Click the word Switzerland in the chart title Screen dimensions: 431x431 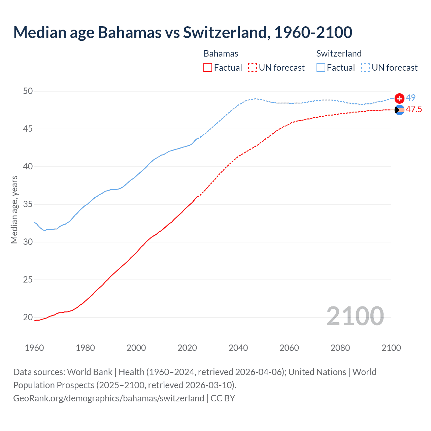click(225, 32)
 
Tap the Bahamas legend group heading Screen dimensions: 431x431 click(221, 54)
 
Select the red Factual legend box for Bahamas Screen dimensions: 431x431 click(208, 68)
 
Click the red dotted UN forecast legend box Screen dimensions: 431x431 click(253, 68)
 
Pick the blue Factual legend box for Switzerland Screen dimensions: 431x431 click(321, 68)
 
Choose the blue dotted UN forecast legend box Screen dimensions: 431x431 click(366, 68)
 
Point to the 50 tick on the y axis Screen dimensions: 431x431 click(28, 91)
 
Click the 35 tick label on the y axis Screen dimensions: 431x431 click(28, 204)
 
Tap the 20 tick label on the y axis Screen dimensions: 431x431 click(28, 317)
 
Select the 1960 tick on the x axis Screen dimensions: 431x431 click(34, 348)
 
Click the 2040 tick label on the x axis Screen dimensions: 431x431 click(238, 348)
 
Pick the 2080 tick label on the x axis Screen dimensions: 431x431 click(340, 348)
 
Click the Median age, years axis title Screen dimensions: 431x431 click(14, 209)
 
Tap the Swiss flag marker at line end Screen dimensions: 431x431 click(399, 98)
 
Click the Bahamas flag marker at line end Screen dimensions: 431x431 click(399, 110)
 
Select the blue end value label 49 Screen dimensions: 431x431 click(410, 98)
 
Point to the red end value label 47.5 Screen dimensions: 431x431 click(413, 109)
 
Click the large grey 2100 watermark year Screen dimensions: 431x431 click(355, 316)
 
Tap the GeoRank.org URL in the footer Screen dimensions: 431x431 click(108, 398)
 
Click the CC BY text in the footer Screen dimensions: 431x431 click(223, 398)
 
